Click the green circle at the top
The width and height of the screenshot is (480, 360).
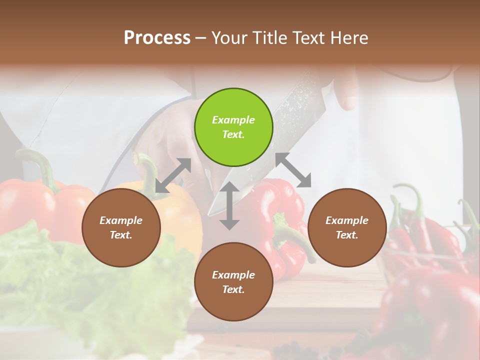click(x=233, y=127)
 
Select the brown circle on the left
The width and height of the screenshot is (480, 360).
click(x=121, y=228)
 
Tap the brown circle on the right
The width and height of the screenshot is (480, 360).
click(x=347, y=228)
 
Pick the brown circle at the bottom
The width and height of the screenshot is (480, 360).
click(x=233, y=282)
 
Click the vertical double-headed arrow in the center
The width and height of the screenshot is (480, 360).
click(x=229, y=205)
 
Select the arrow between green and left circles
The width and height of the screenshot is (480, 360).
click(x=173, y=175)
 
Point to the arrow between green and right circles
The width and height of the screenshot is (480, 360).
click(x=293, y=169)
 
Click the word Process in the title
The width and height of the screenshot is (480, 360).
click(x=157, y=37)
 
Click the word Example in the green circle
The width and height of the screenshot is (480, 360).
click(x=233, y=120)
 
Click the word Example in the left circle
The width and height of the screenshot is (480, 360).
click(x=121, y=220)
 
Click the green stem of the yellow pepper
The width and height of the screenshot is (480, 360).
click(x=146, y=167)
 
